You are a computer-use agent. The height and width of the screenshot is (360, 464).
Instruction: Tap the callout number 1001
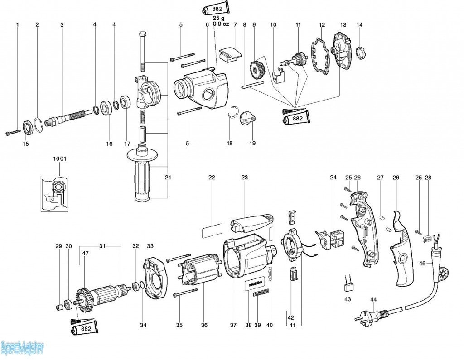59,159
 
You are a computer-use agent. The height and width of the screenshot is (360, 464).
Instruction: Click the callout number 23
245,178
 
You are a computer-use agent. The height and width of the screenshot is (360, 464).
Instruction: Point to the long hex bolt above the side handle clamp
143,50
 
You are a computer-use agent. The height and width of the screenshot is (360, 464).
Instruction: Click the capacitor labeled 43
348,286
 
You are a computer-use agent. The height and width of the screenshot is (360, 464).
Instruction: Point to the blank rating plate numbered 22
211,231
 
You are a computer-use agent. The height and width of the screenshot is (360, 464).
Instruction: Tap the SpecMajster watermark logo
23,348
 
